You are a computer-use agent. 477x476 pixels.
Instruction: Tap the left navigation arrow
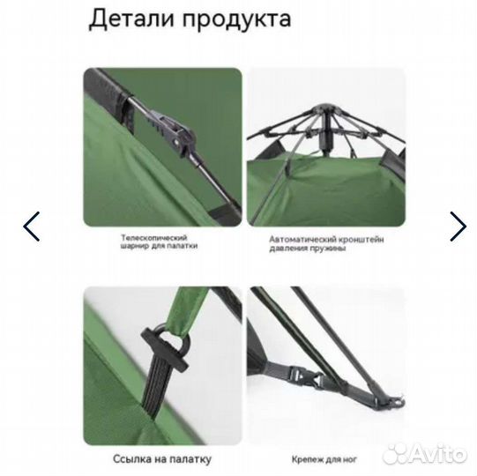coord(32,227)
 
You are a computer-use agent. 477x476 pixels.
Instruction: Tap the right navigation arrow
coord(458,227)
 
